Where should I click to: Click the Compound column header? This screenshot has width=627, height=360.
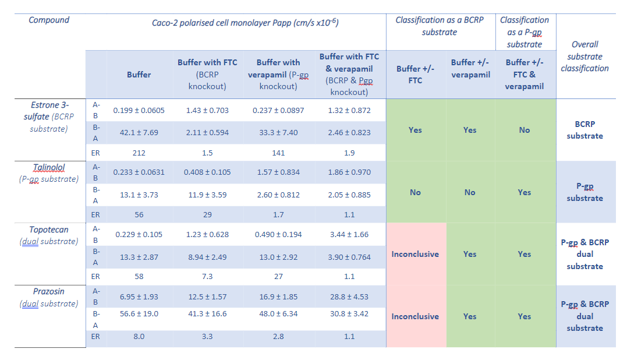pyautogui.click(x=49, y=20)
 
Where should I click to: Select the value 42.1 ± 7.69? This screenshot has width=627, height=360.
pyautogui.click(x=139, y=132)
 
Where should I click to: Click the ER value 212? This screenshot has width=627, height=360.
pyautogui.click(x=139, y=153)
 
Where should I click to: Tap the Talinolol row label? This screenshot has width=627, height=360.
pyautogui.click(x=49, y=168)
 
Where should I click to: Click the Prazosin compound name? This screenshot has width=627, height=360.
pyautogui.click(x=49, y=291)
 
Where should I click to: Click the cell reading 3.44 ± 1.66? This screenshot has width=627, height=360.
pyautogui.click(x=349, y=234)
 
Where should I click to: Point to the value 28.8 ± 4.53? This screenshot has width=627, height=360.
pyautogui.click(x=349, y=297)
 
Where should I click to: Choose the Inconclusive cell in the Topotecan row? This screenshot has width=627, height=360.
pyautogui.click(x=415, y=254)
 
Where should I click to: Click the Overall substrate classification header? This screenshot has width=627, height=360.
pyautogui.click(x=585, y=57)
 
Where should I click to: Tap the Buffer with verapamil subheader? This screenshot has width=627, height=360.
pyautogui.click(x=278, y=74)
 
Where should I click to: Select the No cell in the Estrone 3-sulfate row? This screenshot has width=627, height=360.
pyautogui.click(x=524, y=130)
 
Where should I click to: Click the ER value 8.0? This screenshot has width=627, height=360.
pyautogui.click(x=139, y=336)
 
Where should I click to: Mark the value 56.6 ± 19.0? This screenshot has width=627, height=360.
pyautogui.click(x=139, y=313)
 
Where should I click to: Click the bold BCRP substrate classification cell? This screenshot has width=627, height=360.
pyautogui.click(x=585, y=130)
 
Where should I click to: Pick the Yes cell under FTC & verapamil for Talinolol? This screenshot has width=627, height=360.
pyautogui.click(x=524, y=192)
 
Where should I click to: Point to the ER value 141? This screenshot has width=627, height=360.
pyautogui.click(x=278, y=153)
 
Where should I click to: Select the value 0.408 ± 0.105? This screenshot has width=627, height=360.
pyautogui.click(x=207, y=172)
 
